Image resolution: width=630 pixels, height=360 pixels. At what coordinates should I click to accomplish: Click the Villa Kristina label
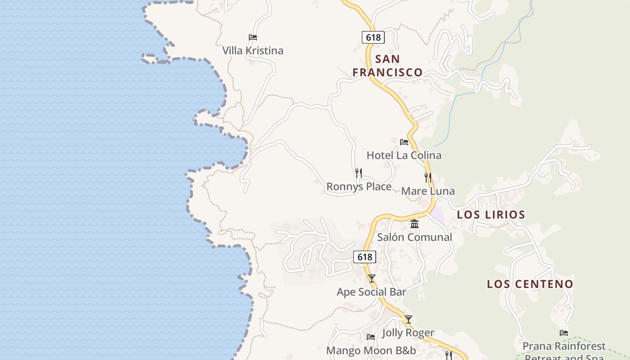click(x=253, y=50)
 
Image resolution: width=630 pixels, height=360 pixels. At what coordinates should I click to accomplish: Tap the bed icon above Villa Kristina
click(x=253, y=37)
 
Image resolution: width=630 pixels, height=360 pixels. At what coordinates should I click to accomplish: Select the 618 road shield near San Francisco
click(x=373, y=37)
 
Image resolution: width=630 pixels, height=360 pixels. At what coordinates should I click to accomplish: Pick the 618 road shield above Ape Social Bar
click(x=364, y=257)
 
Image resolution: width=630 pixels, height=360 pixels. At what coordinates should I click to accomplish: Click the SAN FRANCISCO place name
click(x=387, y=66)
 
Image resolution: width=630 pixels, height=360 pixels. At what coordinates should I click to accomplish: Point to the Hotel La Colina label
click(x=404, y=155)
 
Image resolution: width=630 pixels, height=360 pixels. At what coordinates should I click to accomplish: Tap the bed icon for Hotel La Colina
click(x=404, y=142)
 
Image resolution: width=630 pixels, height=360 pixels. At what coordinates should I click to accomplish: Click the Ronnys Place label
click(x=359, y=186)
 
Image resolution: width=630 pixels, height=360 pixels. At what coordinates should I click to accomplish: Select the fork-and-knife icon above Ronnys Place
click(x=359, y=173)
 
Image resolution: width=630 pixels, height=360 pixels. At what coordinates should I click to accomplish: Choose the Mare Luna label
click(x=428, y=191)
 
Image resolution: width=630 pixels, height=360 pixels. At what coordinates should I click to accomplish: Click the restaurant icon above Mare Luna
click(x=428, y=177)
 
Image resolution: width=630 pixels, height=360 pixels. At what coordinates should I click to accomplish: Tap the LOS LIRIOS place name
click(x=491, y=215)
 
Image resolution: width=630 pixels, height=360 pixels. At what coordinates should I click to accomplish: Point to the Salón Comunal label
click(x=414, y=237)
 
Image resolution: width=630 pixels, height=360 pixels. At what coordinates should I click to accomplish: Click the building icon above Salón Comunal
click(x=414, y=224)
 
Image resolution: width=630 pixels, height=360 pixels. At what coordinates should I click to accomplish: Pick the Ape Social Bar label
click(x=371, y=292)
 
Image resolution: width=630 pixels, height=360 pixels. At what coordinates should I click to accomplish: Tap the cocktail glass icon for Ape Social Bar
click(x=371, y=279)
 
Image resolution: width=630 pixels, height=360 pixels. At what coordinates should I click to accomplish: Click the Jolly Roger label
click(x=408, y=333)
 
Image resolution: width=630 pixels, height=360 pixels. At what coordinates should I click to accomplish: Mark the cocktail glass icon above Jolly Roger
click(x=408, y=319)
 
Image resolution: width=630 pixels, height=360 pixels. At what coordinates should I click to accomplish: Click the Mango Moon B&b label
click(x=371, y=351)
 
